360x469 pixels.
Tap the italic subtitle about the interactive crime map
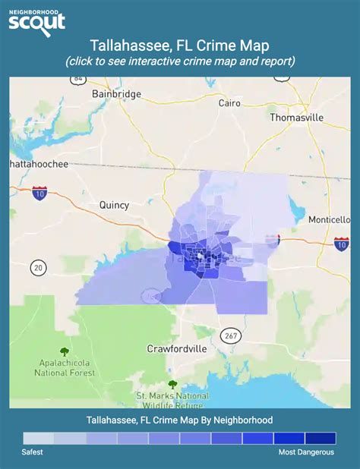tap(180, 61)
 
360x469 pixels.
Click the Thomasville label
tap(296, 118)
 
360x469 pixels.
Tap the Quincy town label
tap(114, 205)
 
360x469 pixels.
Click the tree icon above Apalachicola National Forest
tap(64, 351)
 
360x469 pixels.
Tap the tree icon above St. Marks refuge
tap(172, 385)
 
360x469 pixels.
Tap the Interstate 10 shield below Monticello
tap(341, 244)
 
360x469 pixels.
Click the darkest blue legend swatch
tap(321, 438)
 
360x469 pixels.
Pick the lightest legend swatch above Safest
tap(38, 438)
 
